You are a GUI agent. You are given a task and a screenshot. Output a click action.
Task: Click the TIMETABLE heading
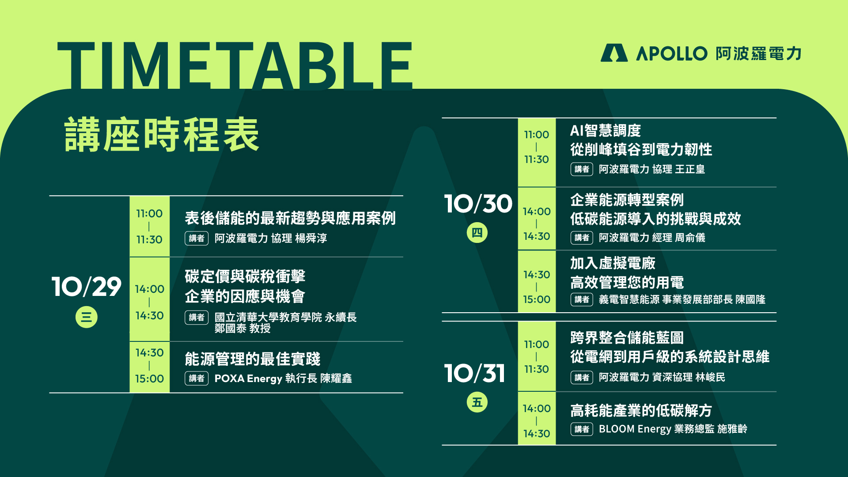click(x=235, y=65)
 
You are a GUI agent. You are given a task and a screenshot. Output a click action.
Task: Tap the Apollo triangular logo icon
click(x=614, y=53)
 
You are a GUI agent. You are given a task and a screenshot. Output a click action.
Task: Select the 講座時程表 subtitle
click(x=162, y=135)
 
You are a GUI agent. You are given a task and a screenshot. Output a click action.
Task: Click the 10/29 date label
click(x=87, y=287)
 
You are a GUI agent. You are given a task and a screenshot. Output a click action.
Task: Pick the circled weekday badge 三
click(x=87, y=317)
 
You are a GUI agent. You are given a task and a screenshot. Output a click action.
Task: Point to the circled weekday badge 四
click(x=477, y=232)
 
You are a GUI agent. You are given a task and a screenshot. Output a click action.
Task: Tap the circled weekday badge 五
click(x=477, y=402)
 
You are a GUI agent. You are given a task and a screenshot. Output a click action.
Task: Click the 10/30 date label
click(x=478, y=204)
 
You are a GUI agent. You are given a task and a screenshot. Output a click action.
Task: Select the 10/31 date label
click(x=475, y=374)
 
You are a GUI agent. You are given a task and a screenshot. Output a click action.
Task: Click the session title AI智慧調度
click(x=606, y=131)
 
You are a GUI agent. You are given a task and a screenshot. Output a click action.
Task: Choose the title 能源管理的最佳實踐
click(x=253, y=359)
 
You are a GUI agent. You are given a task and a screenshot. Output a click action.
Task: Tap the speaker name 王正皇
click(x=690, y=169)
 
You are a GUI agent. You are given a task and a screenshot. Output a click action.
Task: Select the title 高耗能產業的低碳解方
click(x=641, y=411)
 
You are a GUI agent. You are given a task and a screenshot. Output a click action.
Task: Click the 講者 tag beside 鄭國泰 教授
click(x=197, y=317)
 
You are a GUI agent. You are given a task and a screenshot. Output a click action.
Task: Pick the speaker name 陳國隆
click(x=750, y=299)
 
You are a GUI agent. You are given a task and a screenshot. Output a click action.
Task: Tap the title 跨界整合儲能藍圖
click(x=627, y=338)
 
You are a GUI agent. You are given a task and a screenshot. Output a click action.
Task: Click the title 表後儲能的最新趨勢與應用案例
click(x=290, y=218)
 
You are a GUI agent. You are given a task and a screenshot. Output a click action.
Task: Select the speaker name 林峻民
click(x=710, y=377)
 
